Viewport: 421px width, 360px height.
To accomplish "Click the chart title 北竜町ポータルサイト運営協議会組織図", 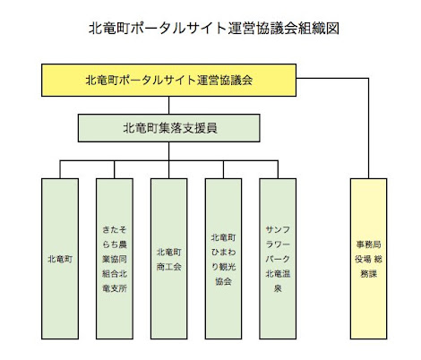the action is pyautogui.click(x=214, y=29).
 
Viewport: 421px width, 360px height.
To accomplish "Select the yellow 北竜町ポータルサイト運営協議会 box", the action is pyautogui.click(x=168, y=80).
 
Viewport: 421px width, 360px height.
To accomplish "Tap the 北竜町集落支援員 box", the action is pyautogui.click(x=168, y=128).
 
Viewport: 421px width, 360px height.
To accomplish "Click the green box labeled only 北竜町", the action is pyautogui.click(x=60, y=259).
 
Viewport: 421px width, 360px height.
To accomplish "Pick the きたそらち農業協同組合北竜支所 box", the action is pyautogui.click(x=115, y=259).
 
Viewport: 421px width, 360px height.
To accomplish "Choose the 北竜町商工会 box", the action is pyautogui.click(x=169, y=259).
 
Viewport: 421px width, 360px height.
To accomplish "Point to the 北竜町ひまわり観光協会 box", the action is pyautogui.click(x=223, y=259).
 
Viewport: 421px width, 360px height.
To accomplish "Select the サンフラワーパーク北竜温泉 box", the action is pyautogui.click(x=278, y=259).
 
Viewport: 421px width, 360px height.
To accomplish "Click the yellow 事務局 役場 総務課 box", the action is pyautogui.click(x=368, y=259).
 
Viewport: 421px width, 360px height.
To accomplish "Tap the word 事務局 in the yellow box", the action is pyautogui.click(x=368, y=244).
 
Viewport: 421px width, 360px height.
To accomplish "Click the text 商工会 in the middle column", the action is pyautogui.click(x=169, y=266).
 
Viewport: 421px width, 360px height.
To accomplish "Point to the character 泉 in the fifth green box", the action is pyautogui.click(x=278, y=288).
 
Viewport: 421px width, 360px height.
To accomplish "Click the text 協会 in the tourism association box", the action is pyautogui.click(x=223, y=281).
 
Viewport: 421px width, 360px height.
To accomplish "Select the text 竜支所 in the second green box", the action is pyautogui.click(x=115, y=288).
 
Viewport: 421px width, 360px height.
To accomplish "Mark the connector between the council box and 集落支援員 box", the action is pyautogui.click(x=168, y=106).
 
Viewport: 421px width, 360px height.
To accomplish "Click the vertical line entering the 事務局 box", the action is pyautogui.click(x=368, y=128).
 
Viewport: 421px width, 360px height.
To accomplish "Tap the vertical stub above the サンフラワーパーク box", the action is pyautogui.click(x=278, y=169).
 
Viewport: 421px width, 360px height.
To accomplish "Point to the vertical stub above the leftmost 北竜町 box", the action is pyautogui.click(x=60, y=169).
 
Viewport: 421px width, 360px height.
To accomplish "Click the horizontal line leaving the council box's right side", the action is pyautogui.click(x=332, y=79).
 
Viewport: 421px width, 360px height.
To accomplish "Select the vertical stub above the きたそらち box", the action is pyautogui.click(x=115, y=169).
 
